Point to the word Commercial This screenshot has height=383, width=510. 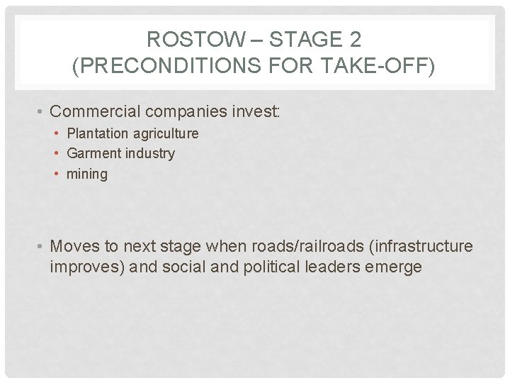96,111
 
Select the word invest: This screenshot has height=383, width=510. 257,111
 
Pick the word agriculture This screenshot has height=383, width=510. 166,133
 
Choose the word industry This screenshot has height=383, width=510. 149,153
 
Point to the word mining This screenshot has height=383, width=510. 87,174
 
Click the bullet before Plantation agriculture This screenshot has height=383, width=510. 58,133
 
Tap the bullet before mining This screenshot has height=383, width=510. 58,174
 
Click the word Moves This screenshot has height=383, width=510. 76,246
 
